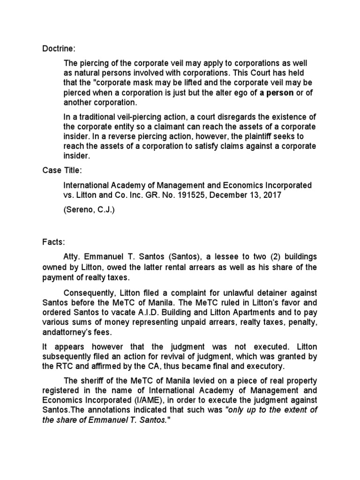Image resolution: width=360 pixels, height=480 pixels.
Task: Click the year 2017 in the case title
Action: coord(272,195)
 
